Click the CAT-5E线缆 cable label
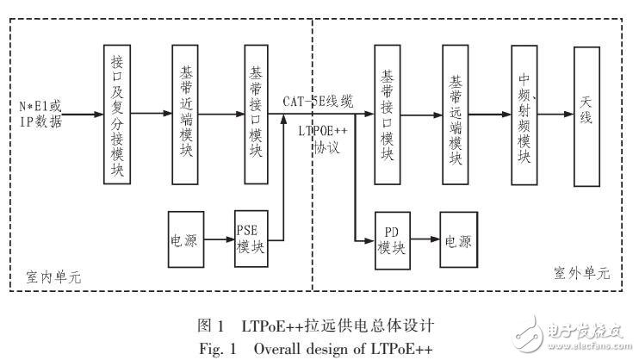coord(317,101)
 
